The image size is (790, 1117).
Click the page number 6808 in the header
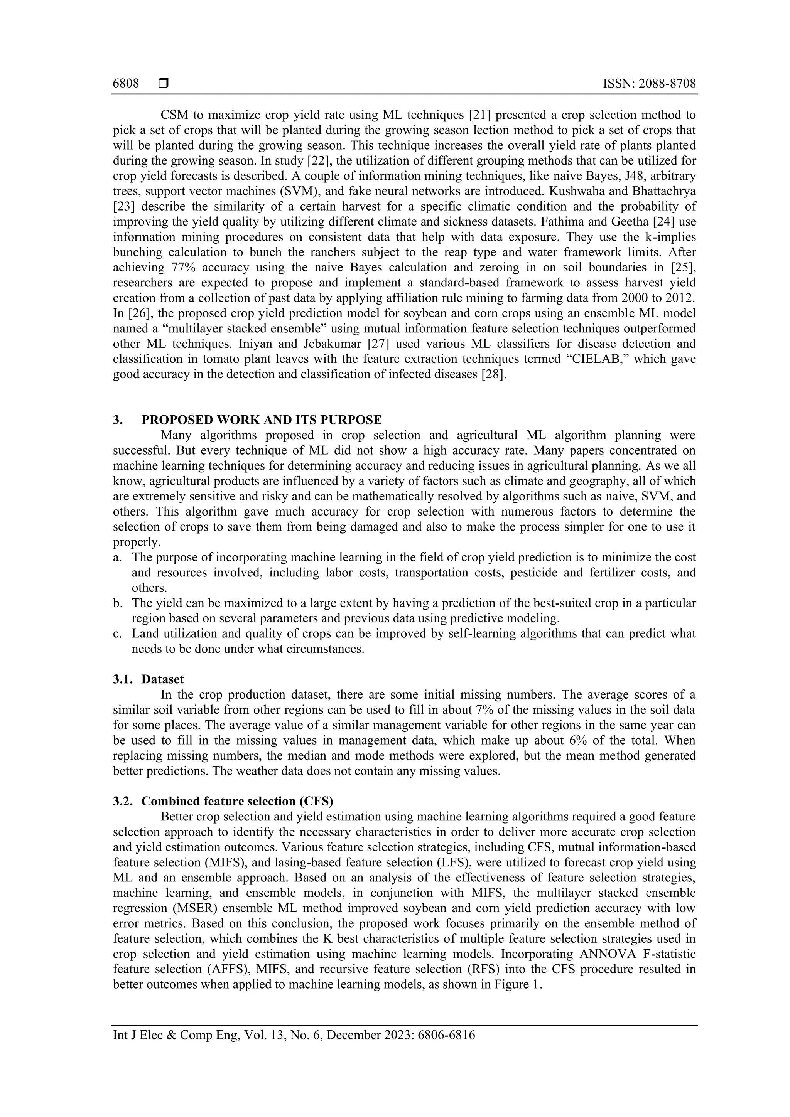coord(126,84)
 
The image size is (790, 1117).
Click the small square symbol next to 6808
coord(164,84)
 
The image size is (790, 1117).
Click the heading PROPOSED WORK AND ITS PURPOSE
coord(262,420)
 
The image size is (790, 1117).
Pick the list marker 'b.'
coord(117,603)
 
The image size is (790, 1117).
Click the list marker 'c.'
coord(117,633)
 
